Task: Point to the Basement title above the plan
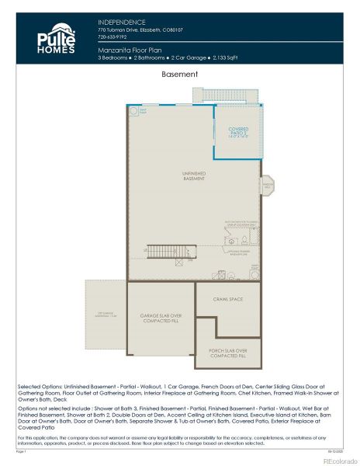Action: [179, 75]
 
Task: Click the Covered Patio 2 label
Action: [238, 132]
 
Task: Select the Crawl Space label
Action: [228, 298]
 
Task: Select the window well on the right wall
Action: [266, 186]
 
